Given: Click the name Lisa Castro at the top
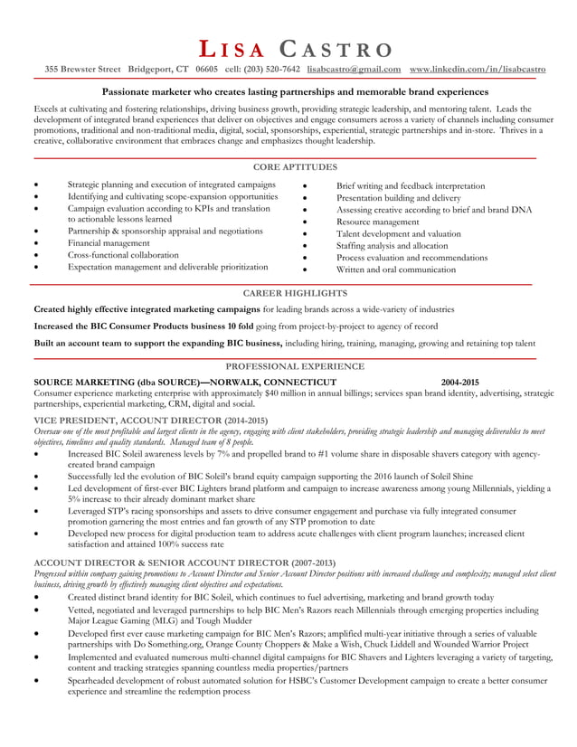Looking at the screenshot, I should pyautogui.click(x=295, y=50).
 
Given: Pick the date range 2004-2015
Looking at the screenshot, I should pyautogui.click(x=453, y=382).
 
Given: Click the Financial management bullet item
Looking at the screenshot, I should pyautogui.click(x=109, y=243).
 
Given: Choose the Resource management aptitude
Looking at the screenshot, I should pyautogui.click(x=377, y=222).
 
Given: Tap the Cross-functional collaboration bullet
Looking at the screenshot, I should pyautogui.click(x=123, y=255).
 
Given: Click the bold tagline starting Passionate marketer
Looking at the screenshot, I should pyautogui.click(x=295, y=92).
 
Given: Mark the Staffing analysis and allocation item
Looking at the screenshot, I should pyautogui.click(x=392, y=245).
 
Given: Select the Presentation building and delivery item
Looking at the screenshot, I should pyautogui.click(x=398, y=197).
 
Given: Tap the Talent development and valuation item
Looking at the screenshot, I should pyautogui.click(x=398, y=233).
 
